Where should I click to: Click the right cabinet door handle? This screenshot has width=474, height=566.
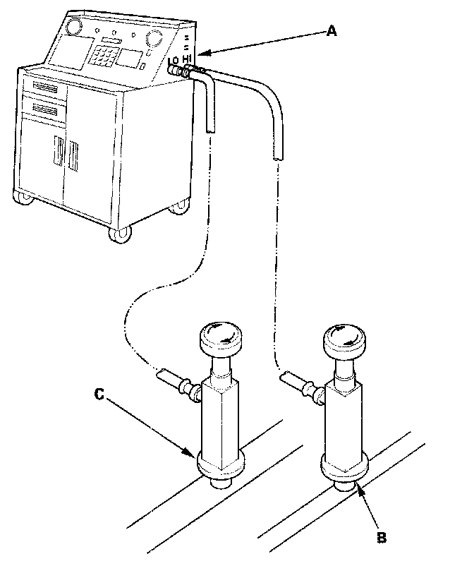click(x=71, y=155)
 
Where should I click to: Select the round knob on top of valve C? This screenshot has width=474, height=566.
click(x=220, y=335)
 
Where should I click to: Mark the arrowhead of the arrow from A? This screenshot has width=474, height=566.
click(x=200, y=53)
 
